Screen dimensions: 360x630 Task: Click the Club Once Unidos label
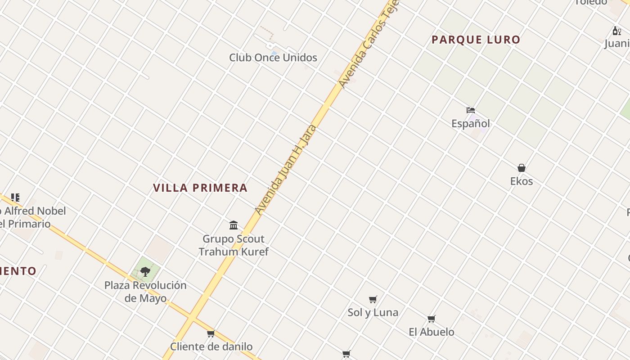[273, 58]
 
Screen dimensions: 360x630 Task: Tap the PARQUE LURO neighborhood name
[476, 40]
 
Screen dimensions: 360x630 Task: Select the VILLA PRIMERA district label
[200, 188]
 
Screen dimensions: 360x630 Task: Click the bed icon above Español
[471, 110]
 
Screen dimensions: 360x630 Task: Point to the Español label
[471, 123]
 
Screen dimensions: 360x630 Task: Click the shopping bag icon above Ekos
[521, 168]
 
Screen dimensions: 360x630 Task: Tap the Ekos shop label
[521, 181]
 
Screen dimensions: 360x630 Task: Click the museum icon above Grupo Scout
[234, 225]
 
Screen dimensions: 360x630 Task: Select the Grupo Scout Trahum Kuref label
[234, 245]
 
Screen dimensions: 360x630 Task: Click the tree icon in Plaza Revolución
[145, 271]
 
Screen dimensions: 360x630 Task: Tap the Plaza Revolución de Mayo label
[145, 292]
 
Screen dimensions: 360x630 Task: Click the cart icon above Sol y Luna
[373, 299]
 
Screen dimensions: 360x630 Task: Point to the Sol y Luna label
[373, 312]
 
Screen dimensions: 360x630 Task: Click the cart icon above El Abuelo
[431, 319]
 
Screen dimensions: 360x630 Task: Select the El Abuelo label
[431, 332]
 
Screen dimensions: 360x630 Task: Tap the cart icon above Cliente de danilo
[211, 333]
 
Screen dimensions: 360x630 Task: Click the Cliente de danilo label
[211, 346]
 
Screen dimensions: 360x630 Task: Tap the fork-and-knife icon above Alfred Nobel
[15, 198]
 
